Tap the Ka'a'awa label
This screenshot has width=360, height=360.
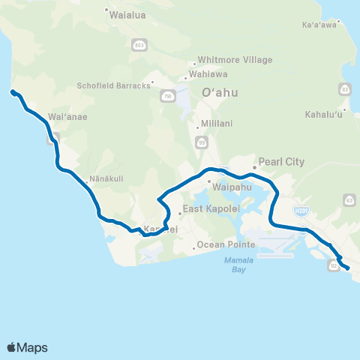point(317,24)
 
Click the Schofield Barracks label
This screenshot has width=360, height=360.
point(112,85)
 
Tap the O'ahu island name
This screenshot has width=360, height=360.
point(220,93)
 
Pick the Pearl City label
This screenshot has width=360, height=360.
point(280,161)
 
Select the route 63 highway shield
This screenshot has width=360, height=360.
point(349,199)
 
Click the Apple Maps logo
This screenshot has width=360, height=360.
point(27,347)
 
